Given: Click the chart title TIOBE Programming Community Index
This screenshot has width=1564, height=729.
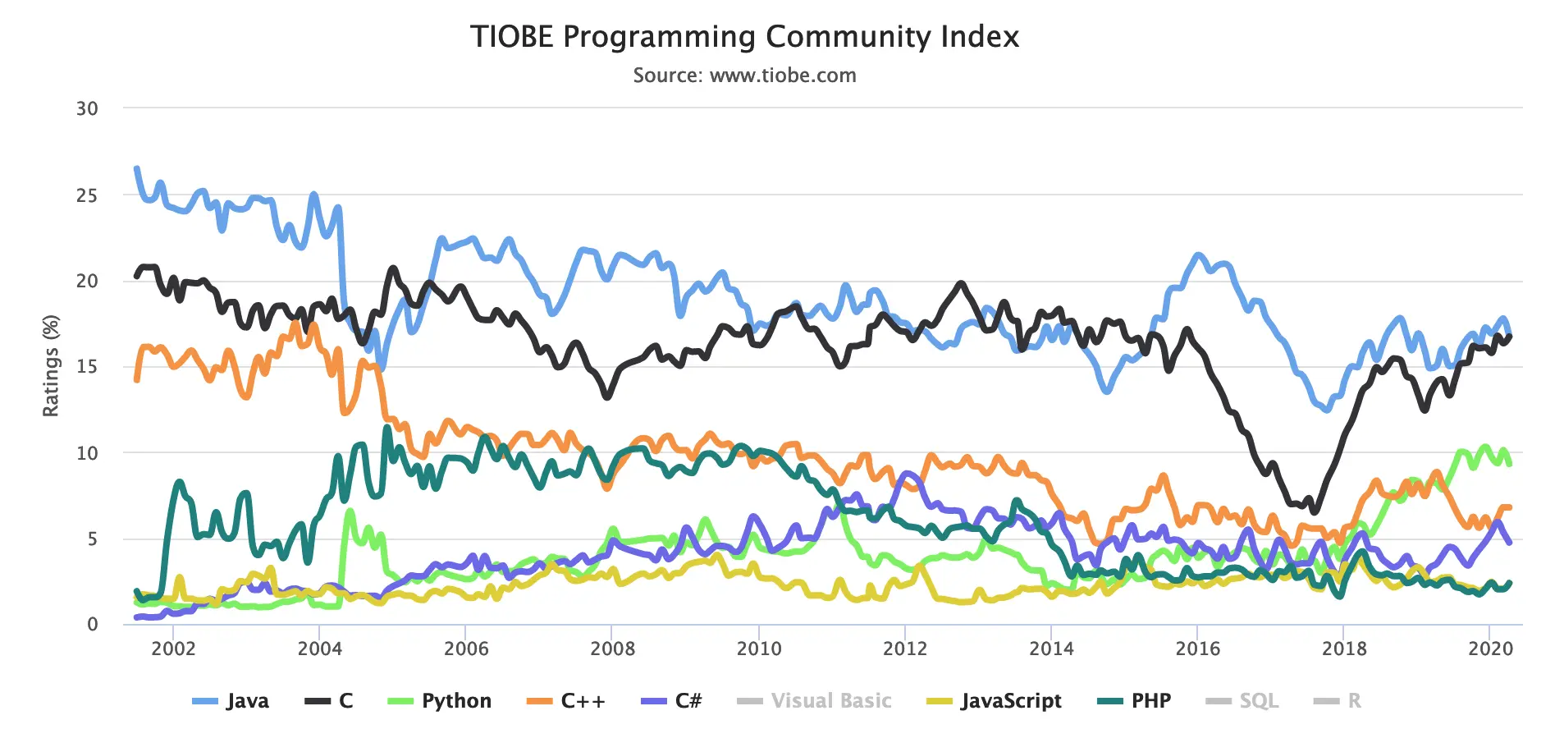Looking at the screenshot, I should click(x=744, y=37).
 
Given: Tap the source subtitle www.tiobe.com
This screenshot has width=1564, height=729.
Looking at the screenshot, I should click(x=744, y=76).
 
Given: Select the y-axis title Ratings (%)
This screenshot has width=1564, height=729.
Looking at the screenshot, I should click(x=51, y=365).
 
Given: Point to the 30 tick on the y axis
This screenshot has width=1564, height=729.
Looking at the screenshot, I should click(x=87, y=108).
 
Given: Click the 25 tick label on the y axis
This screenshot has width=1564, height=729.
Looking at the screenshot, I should click(x=87, y=195).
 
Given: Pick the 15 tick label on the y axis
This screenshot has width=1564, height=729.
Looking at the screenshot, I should click(x=87, y=367).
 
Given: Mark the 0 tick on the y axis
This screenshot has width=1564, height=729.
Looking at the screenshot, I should click(x=93, y=624).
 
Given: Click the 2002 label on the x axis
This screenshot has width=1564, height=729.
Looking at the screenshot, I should click(x=173, y=649).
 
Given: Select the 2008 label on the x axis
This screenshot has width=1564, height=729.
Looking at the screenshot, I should click(x=612, y=649).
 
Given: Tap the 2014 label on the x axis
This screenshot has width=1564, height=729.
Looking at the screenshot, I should click(x=1051, y=649).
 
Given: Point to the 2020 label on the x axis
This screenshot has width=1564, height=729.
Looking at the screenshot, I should click(x=1490, y=649).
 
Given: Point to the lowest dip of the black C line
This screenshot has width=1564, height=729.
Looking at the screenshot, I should click(x=1315, y=511).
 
